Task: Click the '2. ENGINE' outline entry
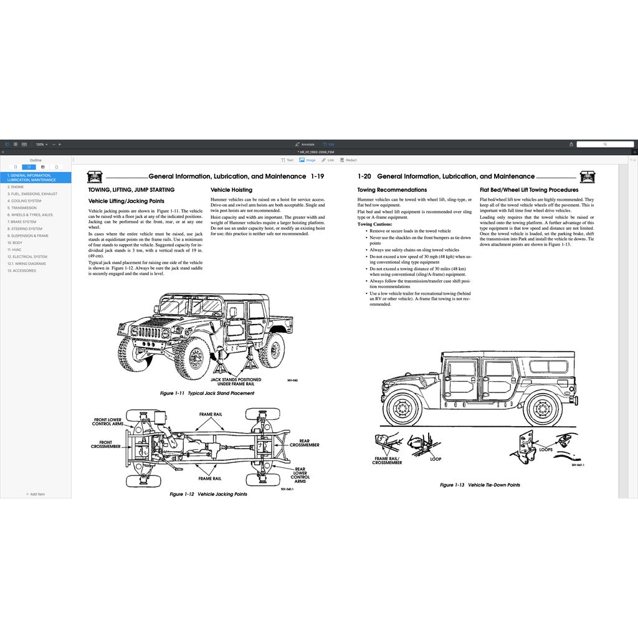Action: (x=17, y=187)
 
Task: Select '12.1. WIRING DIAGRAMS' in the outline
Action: (x=26, y=264)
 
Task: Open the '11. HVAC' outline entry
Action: (x=14, y=249)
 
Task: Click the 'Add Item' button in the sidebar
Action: (x=36, y=494)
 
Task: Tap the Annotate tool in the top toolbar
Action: (x=305, y=144)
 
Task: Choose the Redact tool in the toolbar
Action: (x=348, y=160)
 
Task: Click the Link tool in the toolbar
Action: (x=328, y=160)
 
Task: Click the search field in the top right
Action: (x=604, y=144)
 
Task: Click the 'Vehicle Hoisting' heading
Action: (x=231, y=190)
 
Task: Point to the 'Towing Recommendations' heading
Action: (x=392, y=190)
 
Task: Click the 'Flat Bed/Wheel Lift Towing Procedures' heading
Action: (x=529, y=190)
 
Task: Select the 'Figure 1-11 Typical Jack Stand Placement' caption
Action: (x=207, y=393)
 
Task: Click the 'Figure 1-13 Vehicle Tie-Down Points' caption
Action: (x=480, y=485)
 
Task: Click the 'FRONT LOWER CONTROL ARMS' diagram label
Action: (x=107, y=422)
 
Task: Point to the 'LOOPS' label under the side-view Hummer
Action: (x=546, y=449)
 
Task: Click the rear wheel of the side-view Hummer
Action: (x=543, y=410)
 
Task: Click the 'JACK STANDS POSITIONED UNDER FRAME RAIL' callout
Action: (x=236, y=381)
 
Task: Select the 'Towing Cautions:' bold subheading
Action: (x=374, y=224)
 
